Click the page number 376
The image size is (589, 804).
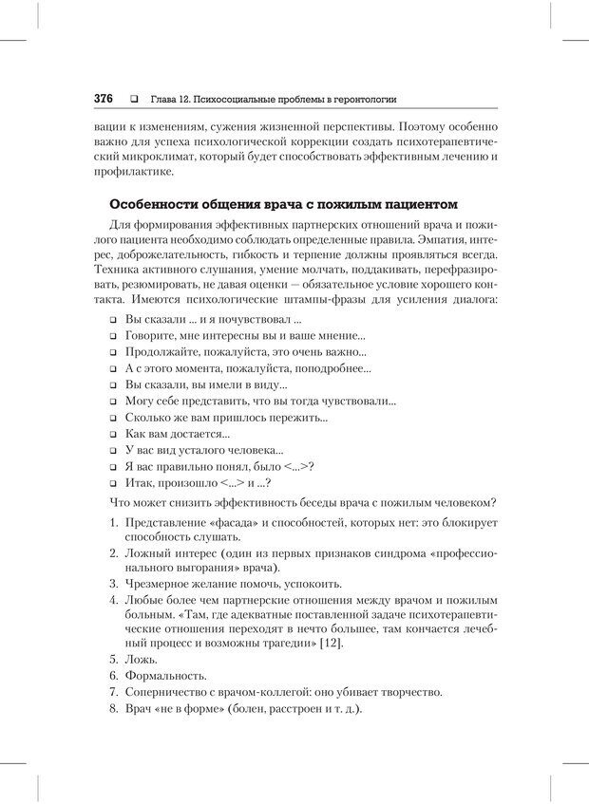tap(103, 99)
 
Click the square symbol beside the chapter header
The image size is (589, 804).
tap(133, 99)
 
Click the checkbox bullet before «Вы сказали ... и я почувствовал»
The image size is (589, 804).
tap(111, 319)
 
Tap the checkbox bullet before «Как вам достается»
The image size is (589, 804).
tap(111, 434)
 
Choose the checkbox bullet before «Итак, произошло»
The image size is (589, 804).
tap(111, 482)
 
